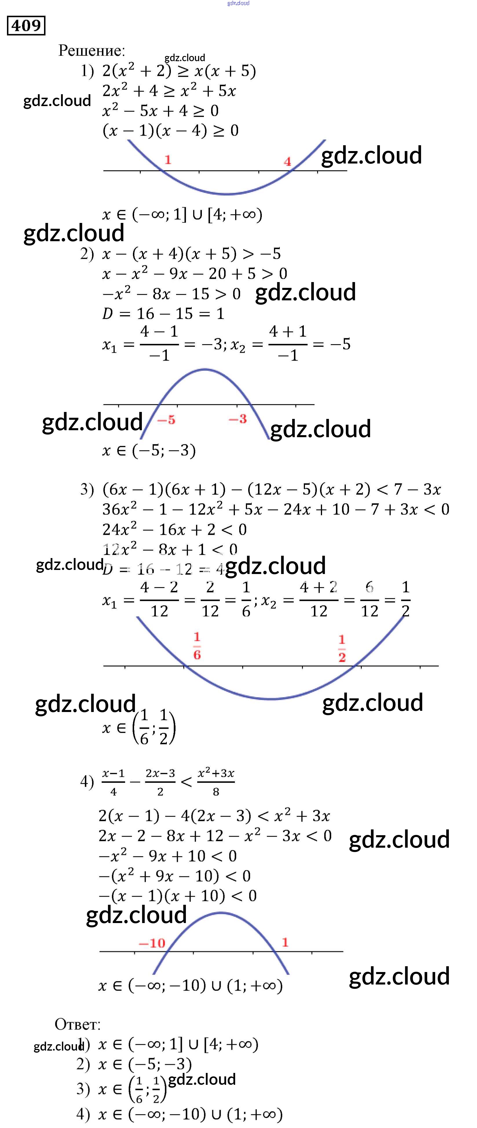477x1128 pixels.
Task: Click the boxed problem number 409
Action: tap(26, 26)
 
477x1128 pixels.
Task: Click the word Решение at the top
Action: tap(92, 51)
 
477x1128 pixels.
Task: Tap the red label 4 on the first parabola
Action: tap(287, 161)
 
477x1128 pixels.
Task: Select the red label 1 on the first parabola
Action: tap(168, 159)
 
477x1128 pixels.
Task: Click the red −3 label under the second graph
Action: tap(237, 419)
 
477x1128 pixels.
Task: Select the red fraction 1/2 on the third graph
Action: tap(342, 648)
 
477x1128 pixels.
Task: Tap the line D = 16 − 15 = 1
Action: tap(163, 314)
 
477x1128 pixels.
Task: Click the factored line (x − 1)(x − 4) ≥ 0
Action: tap(171, 130)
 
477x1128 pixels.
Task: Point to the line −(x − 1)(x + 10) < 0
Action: tap(177, 896)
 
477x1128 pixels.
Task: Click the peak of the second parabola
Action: tap(205, 370)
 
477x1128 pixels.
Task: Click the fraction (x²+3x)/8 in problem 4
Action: tap(216, 781)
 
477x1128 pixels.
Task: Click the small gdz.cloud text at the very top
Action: tap(239, 3)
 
